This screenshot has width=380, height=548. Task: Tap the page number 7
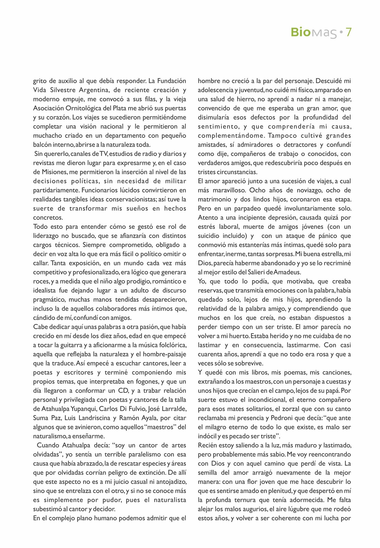point(348,32)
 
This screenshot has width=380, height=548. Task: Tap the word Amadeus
point(288,272)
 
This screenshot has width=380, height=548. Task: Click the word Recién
point(207,445)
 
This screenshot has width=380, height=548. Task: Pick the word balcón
point(42,145)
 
